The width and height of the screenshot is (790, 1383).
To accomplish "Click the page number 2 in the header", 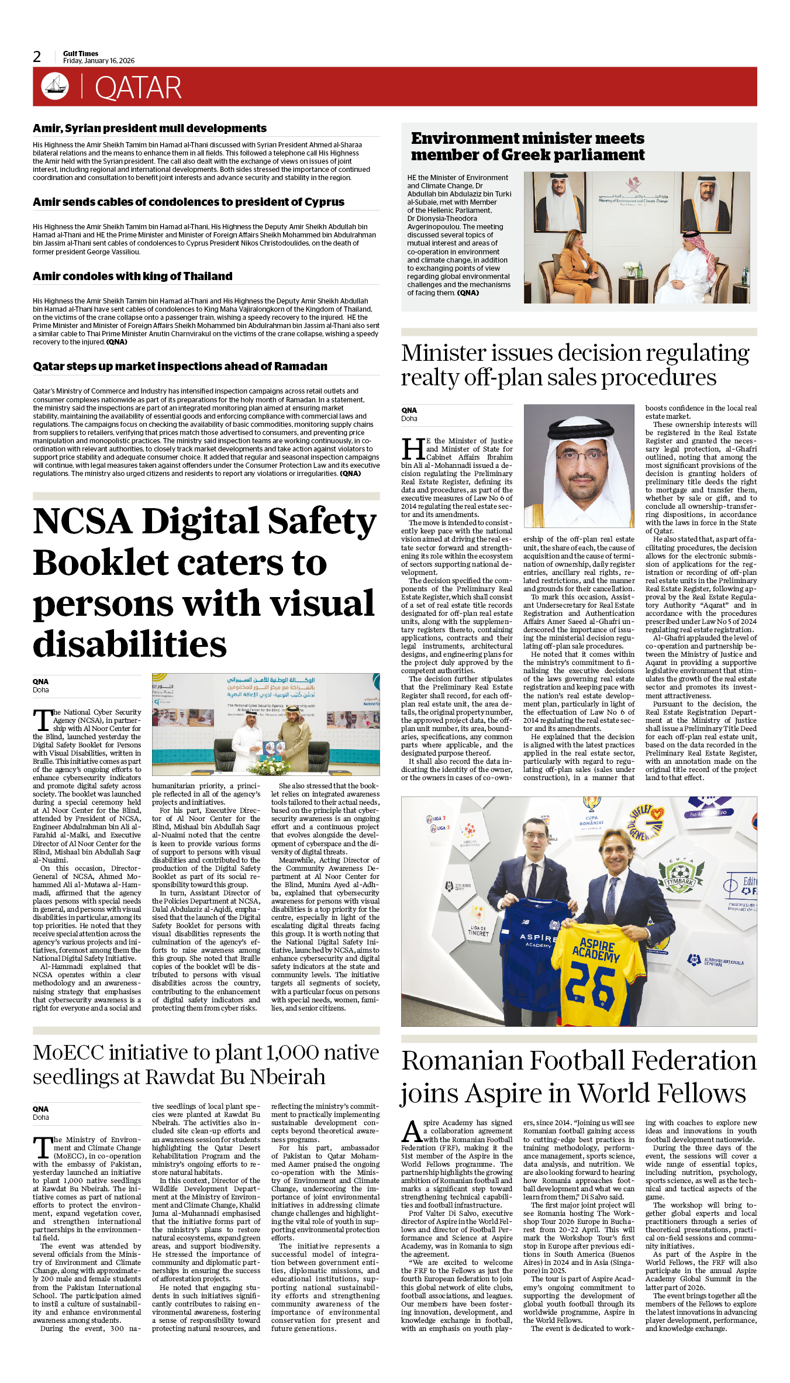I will point(37,57).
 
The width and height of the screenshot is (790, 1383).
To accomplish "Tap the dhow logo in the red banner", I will point(55,86).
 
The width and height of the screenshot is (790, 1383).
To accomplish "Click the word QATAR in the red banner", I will point(138,88).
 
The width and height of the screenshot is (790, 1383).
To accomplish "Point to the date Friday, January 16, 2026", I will point(98,61).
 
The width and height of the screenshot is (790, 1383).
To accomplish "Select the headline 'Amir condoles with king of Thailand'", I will point(133,276).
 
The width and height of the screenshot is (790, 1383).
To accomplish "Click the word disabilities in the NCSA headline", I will point(130,644).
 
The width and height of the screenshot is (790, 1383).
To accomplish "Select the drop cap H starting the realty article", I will point(413,449).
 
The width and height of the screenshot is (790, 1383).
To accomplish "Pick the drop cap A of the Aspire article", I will point(412,1132).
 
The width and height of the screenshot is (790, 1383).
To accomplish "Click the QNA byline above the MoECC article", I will point(40,1109).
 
